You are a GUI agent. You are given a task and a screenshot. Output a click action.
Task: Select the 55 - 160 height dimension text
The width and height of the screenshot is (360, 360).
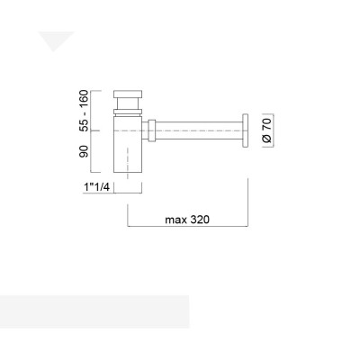84,109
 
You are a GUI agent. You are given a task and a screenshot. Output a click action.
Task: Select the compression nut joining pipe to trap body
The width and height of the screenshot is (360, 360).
154,128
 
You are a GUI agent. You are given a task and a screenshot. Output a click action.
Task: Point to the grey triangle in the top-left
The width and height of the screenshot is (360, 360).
55,40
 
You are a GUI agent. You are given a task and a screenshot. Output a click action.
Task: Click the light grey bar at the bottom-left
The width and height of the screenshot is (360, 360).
94,310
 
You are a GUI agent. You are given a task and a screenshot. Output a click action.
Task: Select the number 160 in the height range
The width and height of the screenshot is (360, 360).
84,97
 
